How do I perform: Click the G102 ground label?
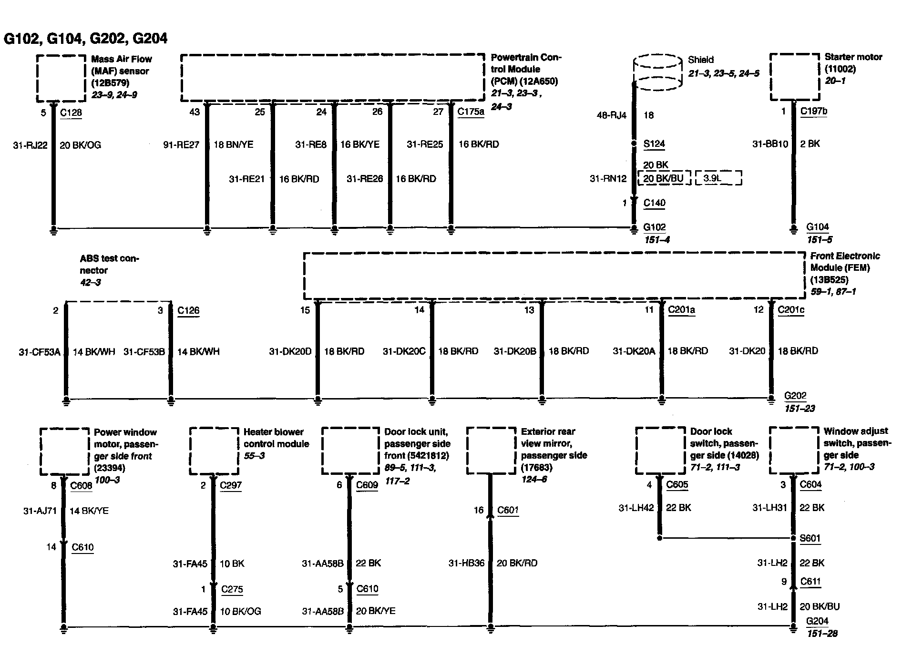[x=654, y=227]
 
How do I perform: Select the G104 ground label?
[x=818, y=227]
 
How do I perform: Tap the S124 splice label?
[x=654, y=143]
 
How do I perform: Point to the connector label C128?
[x=71, y=113]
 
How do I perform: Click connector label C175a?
[x=471, y=112]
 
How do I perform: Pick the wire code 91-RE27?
[x=181, y=144]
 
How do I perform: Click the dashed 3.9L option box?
[x=718, y=178]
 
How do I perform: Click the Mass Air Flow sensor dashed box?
[x=61, y=78]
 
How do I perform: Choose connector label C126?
[x=188, y=310]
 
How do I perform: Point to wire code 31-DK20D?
[x=290, y=351]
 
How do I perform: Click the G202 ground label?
[x=795, y=396]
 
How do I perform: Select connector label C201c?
[x=790, y=310]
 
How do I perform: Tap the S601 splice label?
[x=810, y=538]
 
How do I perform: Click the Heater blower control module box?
[x=214, y=451]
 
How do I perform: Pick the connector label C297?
[x=231, y=485]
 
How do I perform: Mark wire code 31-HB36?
[x=466, y=563]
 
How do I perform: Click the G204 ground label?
[x=817, y=621]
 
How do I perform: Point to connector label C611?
[x=810, y=581]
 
